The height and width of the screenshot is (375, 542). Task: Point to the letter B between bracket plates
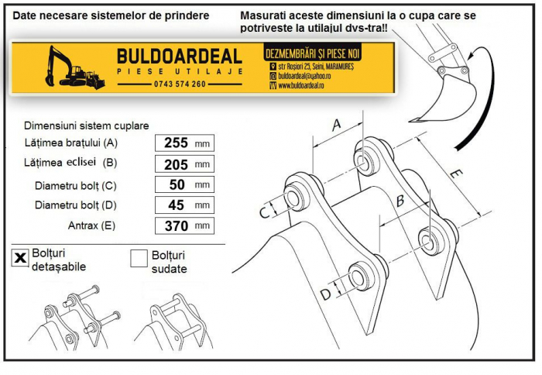point(400,200)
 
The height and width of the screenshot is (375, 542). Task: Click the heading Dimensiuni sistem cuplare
point(87,126)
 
